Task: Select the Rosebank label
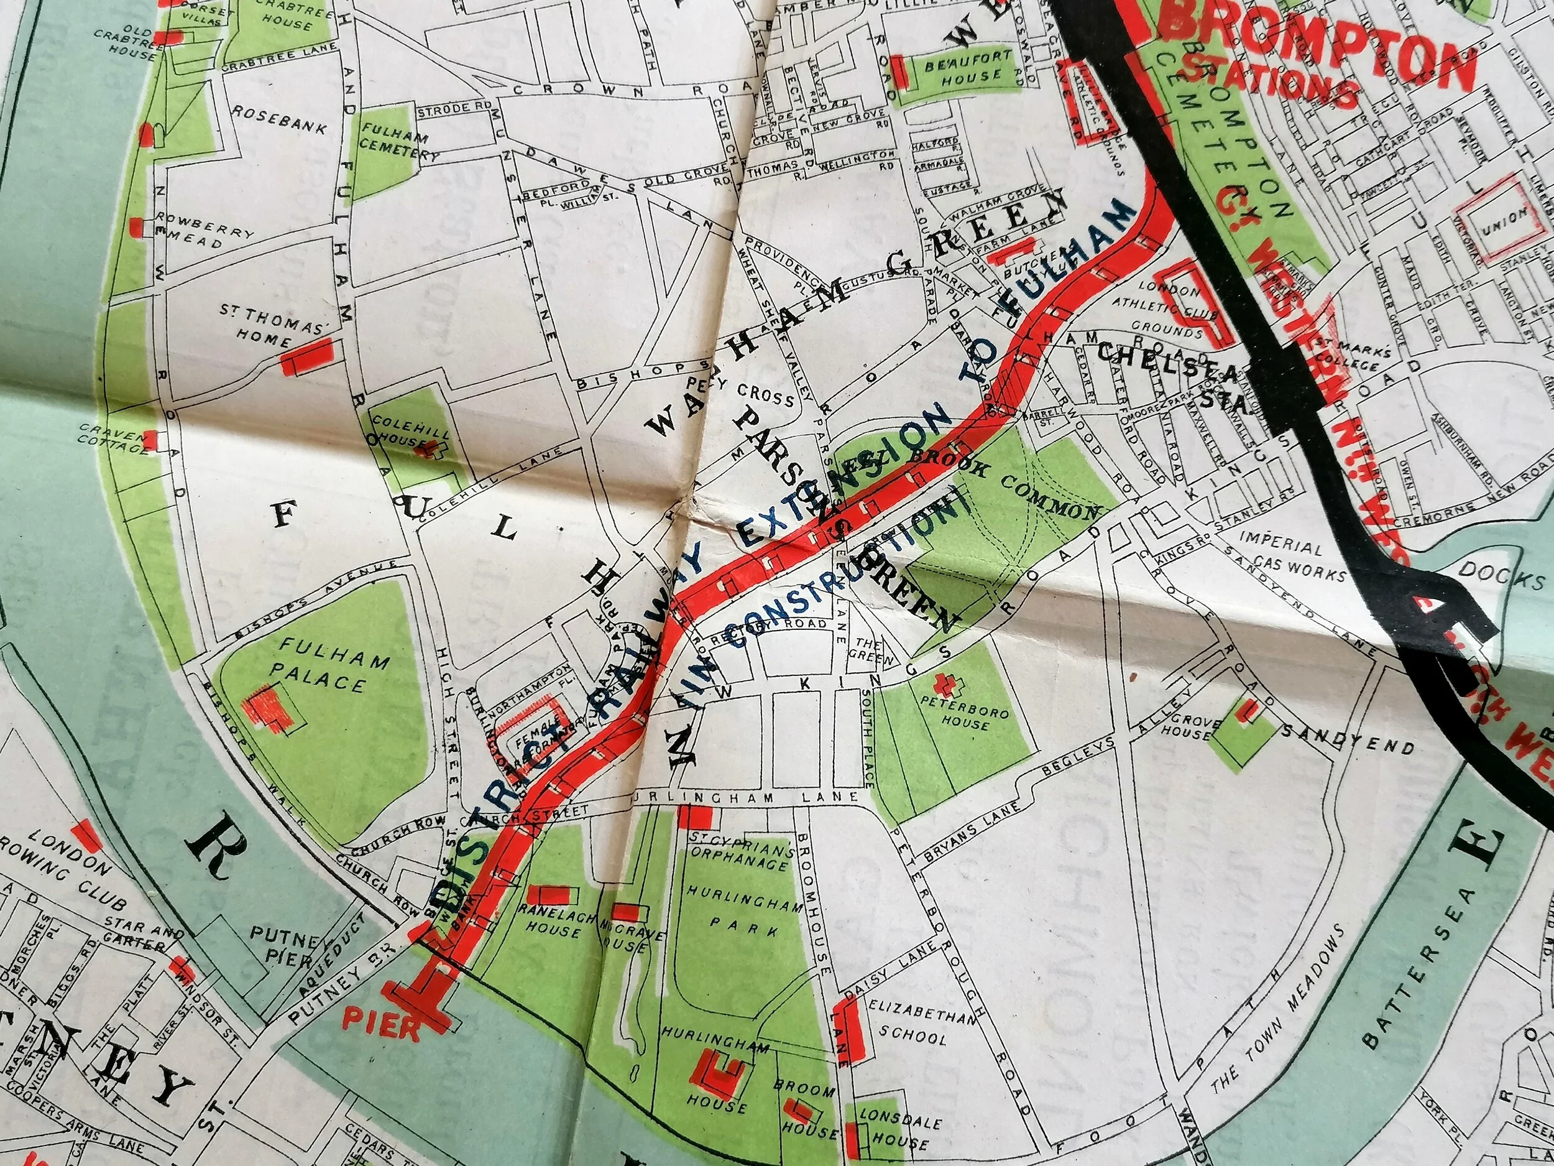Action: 280,120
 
